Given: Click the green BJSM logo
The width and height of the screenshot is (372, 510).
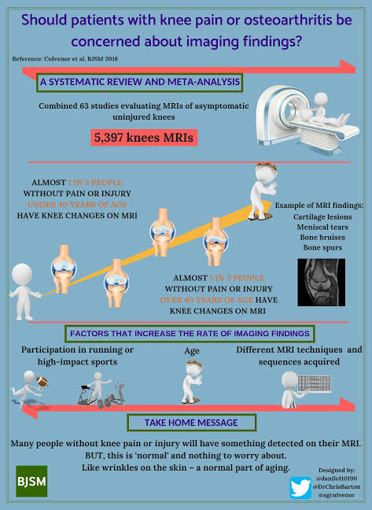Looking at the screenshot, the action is pos(31,481).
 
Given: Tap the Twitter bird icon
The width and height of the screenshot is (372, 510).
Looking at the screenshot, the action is pos(300,487).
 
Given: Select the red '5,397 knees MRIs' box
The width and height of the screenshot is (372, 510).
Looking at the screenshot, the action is pos(144,137).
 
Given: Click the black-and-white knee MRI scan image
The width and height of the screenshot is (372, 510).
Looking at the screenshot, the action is pos(322,283).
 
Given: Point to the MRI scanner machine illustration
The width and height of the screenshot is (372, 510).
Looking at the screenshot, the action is pos(308,120).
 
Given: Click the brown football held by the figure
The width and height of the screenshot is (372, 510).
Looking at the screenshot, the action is pos(42,382).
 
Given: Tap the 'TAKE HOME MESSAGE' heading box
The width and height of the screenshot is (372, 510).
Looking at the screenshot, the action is pos(191,423).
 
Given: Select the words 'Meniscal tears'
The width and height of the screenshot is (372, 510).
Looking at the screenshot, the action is pos(322,227).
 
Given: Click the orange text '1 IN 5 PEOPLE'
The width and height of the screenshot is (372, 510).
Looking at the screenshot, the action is pos(95,182).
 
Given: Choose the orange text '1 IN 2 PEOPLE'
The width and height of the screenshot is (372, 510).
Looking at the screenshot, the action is pos(237,278).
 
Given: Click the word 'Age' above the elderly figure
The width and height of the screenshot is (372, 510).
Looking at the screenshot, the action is pos(192,351).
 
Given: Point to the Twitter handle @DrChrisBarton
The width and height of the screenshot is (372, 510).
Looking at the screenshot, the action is pos(337,487).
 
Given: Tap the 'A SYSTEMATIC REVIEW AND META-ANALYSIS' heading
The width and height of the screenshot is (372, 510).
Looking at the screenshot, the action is pos(140,82).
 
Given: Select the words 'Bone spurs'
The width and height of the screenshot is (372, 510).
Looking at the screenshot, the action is pos(322,247).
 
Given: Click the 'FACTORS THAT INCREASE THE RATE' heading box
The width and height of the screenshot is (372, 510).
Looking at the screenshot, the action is pos(190,334).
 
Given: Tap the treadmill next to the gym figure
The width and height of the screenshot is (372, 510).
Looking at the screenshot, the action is pos(84,395).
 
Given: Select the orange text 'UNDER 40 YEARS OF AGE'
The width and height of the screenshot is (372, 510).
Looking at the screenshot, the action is pos(77,205).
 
